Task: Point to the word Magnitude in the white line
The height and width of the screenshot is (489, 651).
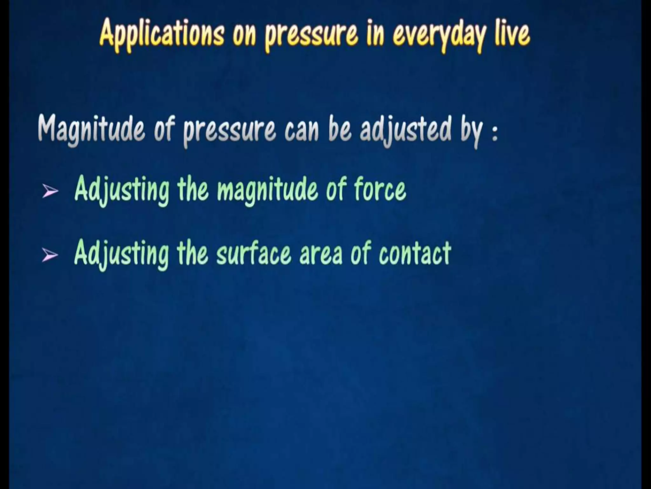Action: pos(91,129)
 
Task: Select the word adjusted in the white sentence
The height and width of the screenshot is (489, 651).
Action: pos(405,129)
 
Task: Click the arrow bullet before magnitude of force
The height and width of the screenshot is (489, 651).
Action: pos(50,191)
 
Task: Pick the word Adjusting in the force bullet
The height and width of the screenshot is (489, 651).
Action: pos(122,190)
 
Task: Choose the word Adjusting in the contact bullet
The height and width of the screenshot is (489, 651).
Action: pos(122,254)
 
